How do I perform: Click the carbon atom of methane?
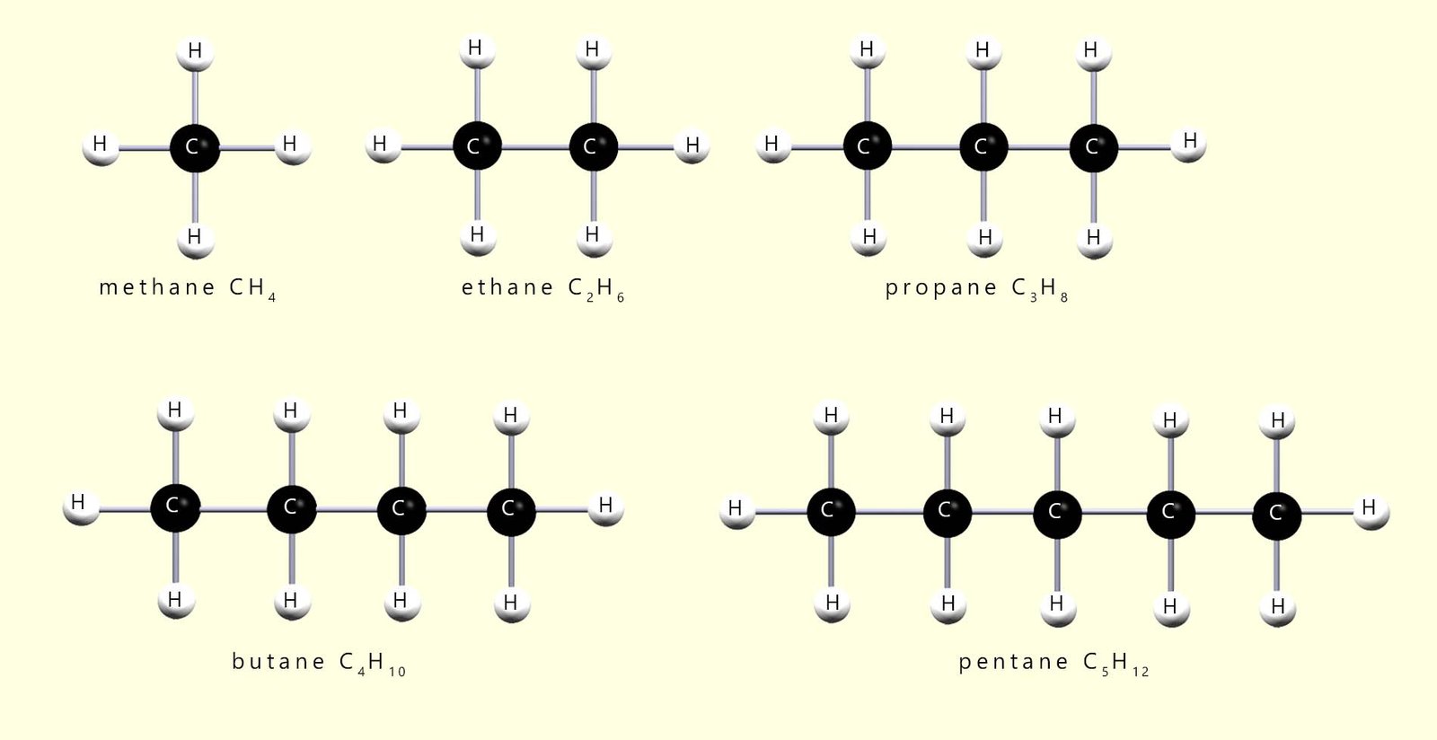[194, 146]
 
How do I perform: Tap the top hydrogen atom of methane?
[195, 52]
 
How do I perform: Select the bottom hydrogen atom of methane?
[195, 238]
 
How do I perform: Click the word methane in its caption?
[157, 287]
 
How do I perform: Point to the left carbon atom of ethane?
[476, 146]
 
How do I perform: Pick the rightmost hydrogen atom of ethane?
[692, 145]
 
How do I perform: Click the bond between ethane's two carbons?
[534, 146]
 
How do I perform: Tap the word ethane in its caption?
[507, 287]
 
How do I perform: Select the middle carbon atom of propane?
[983, 146]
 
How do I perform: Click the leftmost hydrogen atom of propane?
[772, 145]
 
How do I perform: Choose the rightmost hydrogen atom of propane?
[1189, 142]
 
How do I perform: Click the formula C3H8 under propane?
[1040, 289]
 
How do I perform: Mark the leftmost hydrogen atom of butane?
[80, 504]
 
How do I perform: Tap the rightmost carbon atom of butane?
[511, 510]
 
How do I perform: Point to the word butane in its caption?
[278, 662]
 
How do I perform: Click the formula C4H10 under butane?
[373, 664]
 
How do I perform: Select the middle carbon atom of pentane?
[1057, 513]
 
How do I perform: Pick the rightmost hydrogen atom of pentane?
[1369, 509]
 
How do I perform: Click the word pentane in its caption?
[1013, 663]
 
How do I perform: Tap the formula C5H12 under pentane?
[1116, 665]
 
